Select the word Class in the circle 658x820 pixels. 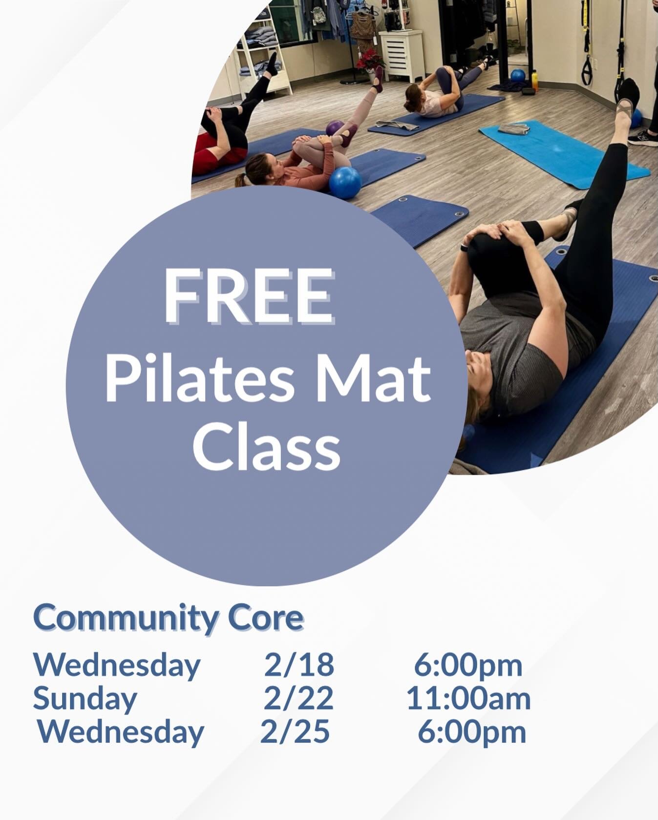click(x=266, y=446)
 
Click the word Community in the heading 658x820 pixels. click(x=125, y=619)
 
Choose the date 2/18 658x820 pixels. click(x=299, y=665)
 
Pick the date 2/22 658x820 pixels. click(x=298, y=698)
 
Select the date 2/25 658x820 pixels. click(x=295, y=731)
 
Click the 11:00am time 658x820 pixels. click(x=468, y=698)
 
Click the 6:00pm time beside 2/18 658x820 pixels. click(x=468, y=665)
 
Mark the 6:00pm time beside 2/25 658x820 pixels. click(x=471, y=731)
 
